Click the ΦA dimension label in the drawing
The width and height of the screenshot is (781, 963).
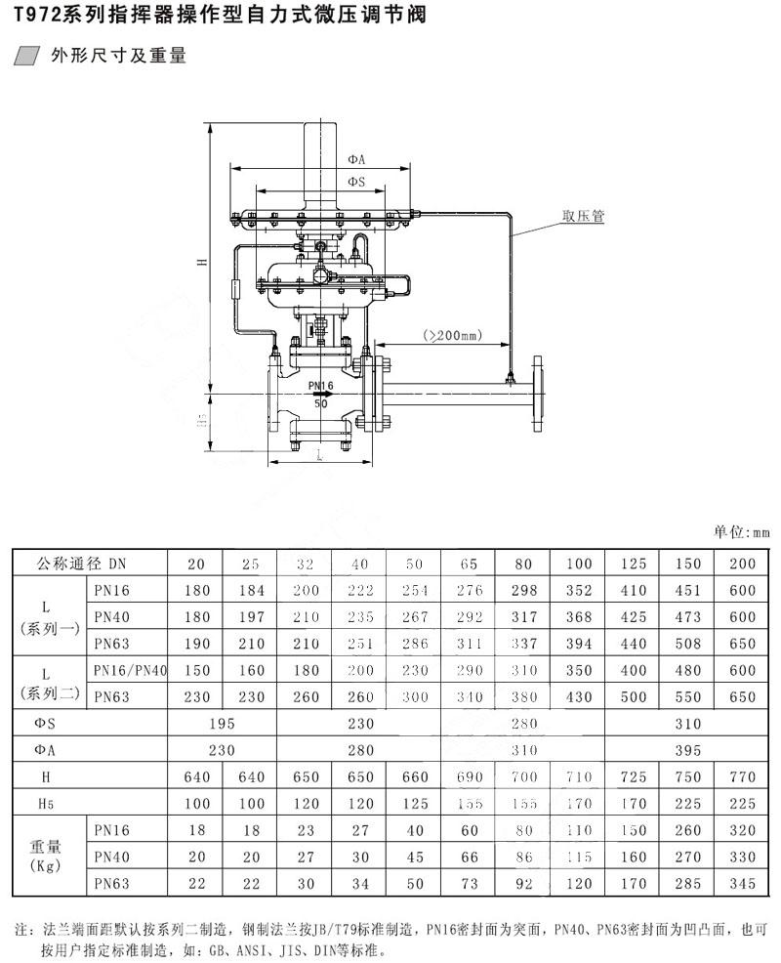pyautogui.click(x=355, y=159)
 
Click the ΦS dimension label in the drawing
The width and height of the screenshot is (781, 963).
pyautogui.click(x=355, y=182)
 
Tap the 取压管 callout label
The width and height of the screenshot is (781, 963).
pyautogui.click(x=583, y=216)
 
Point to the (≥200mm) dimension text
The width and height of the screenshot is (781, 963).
pyautogui.click(x=453, y=335)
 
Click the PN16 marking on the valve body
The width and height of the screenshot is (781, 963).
pyautogui.click(x=320, y=386)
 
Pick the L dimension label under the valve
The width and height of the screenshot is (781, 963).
pyautogui.click(x=319, y=452)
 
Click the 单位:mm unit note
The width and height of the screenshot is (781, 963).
pyautogui.click(x=741, y=533)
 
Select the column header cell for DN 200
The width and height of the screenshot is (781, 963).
pyautogui.click(x=742, y=564)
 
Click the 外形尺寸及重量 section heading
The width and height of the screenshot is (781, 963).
pyautogui.click(x=118, y=56)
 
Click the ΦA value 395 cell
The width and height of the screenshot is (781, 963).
pyautogui.click(x=688, y=748)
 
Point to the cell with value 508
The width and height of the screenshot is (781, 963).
pyautogui.click(x=687, y=643)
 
